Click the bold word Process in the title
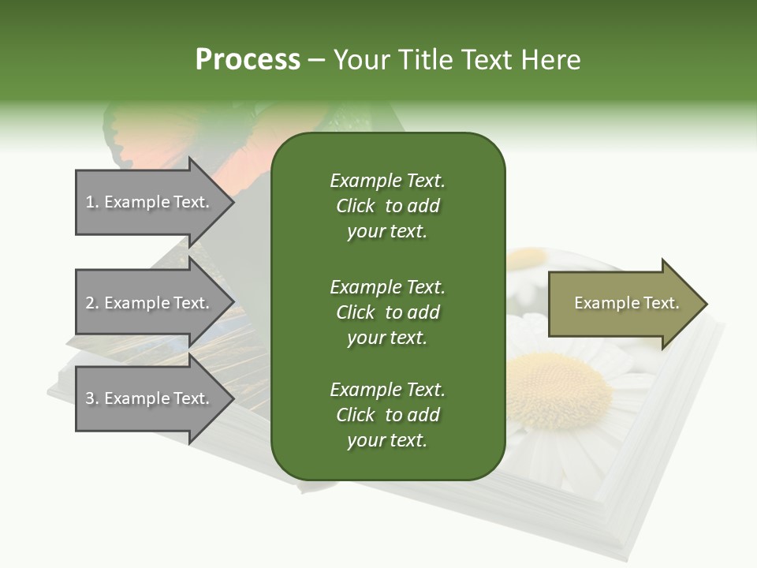pos(248,60)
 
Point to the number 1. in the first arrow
pos(92,202)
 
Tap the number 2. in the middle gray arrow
pos(92,303)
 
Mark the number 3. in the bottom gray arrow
pos(92,398)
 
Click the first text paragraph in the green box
pos(387,206)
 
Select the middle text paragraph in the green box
pos(387,312)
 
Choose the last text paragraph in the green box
pos(387,415)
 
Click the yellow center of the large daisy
pos(560,387)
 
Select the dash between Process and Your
pos(316,61)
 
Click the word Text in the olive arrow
pos(662,303)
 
